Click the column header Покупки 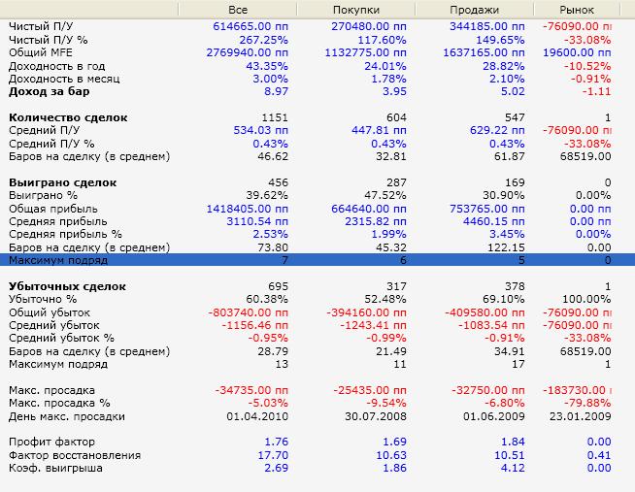356,10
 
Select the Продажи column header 474,10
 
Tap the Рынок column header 577,10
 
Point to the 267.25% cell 263,40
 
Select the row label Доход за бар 49,91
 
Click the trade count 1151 275,117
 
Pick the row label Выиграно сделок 63,182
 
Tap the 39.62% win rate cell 267,195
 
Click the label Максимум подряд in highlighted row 58,260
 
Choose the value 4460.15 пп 493,221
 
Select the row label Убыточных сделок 67,286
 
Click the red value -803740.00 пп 248,312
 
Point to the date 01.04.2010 257,416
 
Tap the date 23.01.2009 580,416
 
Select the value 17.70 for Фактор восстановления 273,455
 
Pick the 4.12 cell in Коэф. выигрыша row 513,468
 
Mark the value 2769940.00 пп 247,52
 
